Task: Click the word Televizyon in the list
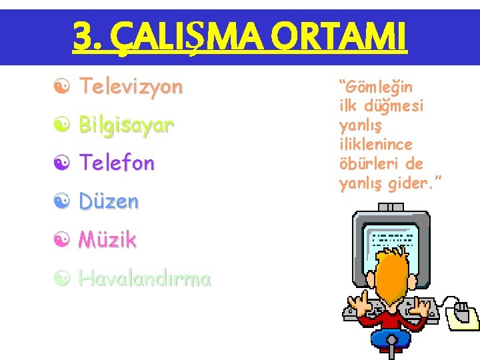[131, 86]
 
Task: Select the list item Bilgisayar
[126, 125]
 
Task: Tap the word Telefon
[117, 163]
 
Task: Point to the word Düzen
[109, 201]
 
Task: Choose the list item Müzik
[107, 239]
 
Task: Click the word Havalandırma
[145, 277]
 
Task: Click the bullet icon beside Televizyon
[61, 87]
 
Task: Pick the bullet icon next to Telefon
[61, 163]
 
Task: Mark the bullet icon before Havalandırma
[61, 278]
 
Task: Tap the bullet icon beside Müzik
[61, 239]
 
